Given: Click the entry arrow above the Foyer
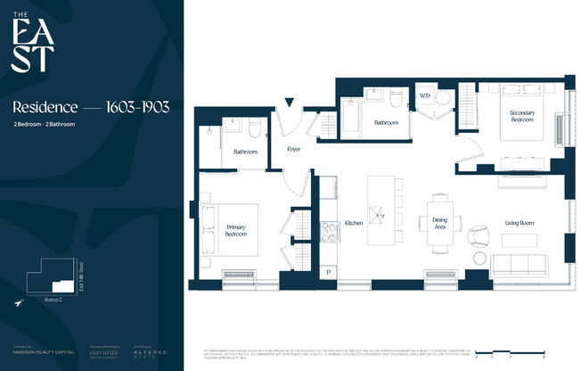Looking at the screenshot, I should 288,103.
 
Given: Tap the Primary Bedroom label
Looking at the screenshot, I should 235,229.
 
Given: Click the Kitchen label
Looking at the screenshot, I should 353,222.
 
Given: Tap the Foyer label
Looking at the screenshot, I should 294,149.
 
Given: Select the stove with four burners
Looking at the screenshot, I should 330,232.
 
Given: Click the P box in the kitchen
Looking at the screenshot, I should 329,271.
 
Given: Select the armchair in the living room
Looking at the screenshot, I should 479,235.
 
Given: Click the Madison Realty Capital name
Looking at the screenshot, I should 37,353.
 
